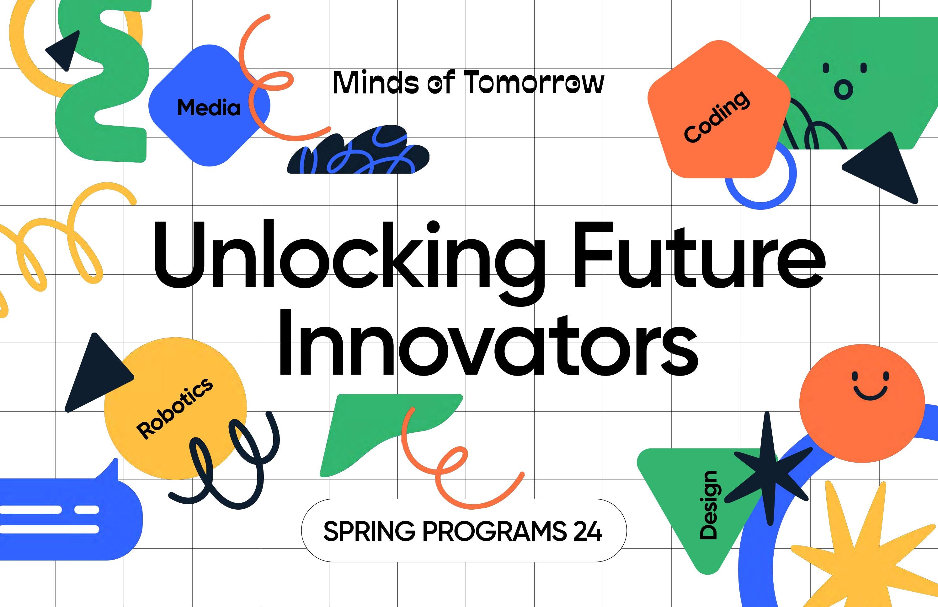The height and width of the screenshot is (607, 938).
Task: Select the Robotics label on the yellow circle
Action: [x=174, y=408]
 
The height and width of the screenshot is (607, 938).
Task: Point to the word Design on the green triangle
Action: [x=708, y=505]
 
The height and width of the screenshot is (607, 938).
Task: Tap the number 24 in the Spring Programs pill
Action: [x=587, y=531]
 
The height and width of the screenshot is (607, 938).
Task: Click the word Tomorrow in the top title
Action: [x=533, y=83]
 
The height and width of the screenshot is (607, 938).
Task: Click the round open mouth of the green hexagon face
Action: [x=843, y=89]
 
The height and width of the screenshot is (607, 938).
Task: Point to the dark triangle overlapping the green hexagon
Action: [x=886, y=170]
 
